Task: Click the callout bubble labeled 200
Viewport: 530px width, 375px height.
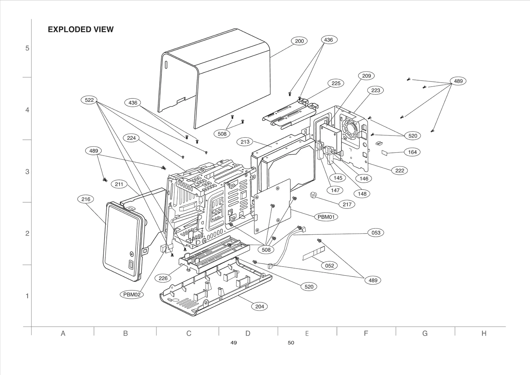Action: point(299,41)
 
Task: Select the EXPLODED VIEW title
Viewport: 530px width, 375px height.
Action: point(80,30)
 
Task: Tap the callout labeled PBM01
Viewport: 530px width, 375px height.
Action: point(326,217)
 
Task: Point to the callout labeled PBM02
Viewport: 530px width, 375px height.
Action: point(132,294)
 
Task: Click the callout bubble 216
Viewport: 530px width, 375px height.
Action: point(86,199)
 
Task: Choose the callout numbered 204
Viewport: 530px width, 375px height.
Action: point(260,306)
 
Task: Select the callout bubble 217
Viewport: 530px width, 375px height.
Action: point(347,204)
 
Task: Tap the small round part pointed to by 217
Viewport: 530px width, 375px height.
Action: point(313,195)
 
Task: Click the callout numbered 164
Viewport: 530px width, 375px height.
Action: point(412,152)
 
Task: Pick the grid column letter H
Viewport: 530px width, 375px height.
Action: point(484,333)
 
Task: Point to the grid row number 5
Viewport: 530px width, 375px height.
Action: point(27,48)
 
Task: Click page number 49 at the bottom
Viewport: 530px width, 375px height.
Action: point(234,343)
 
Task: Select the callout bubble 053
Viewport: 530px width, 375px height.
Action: point(376,232)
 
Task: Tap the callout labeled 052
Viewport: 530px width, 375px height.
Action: point(330,265)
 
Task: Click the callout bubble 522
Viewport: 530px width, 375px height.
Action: point(89,100)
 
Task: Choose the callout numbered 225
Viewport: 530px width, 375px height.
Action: point(336,83)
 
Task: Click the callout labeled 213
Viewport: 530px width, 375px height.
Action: point(245,142)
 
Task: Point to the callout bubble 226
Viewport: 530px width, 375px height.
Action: point(163,278)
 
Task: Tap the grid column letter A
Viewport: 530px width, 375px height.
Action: point(63,333)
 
